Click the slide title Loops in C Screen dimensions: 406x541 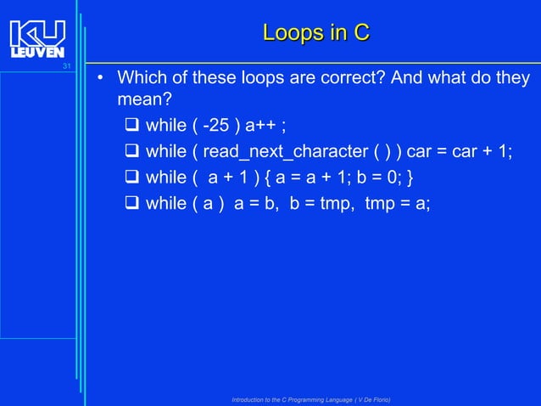[316, 33]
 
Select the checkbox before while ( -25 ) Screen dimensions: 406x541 [132, 127]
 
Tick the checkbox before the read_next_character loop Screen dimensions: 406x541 [132, 152]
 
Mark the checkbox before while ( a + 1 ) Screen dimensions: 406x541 [132, 178]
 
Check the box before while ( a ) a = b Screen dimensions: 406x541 [132, 203]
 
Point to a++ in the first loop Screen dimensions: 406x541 [260, 127]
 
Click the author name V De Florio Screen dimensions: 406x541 [368, 399]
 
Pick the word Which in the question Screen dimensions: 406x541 [140, 79]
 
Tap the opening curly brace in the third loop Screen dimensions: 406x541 [271, 178]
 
